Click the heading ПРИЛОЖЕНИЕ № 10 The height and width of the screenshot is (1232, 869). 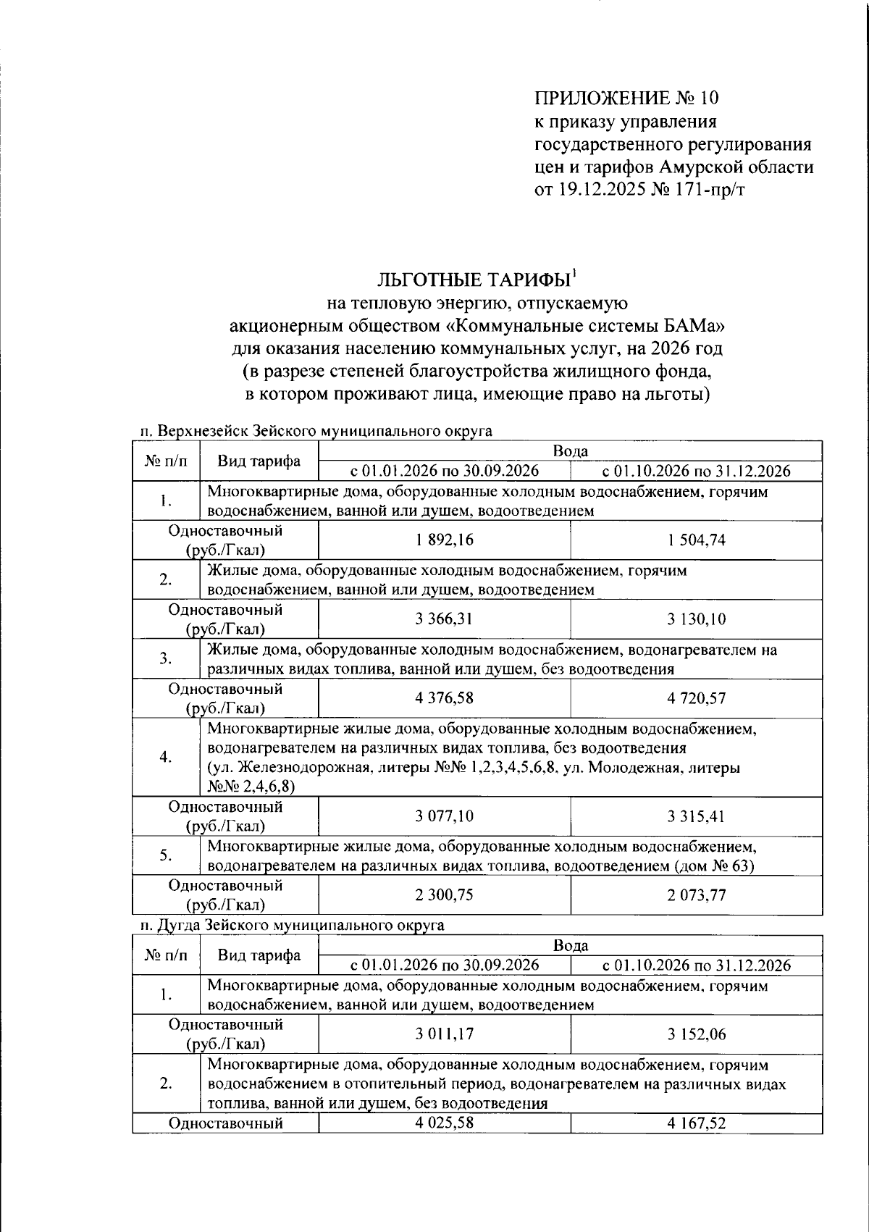627,98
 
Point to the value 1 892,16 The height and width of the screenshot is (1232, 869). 444,540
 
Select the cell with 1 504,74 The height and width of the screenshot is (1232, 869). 696,540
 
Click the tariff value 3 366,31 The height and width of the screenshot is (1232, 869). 444,619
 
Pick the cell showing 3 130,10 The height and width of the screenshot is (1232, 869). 696,619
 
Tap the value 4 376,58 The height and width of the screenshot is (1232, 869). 444,698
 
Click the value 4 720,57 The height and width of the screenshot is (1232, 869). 696,698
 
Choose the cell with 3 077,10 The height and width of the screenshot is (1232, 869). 444,816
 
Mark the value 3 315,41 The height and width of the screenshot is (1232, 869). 696,816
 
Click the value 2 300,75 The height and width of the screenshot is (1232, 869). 444,895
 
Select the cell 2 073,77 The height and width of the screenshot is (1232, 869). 696,895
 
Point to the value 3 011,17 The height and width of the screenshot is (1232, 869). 444,1034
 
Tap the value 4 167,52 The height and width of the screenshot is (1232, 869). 696,1123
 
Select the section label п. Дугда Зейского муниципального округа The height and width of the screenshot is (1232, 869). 292,925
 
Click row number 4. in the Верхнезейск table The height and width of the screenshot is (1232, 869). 166,757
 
